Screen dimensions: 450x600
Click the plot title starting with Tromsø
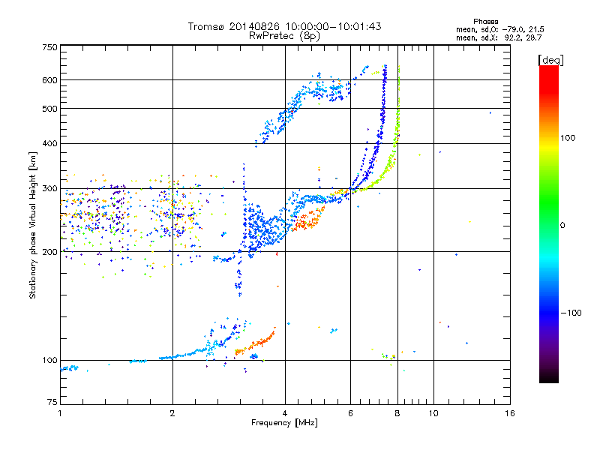(x=284, y=26)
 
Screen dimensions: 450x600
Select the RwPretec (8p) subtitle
(x=284, y=35)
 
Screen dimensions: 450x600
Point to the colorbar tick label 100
(x=568, y=138)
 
